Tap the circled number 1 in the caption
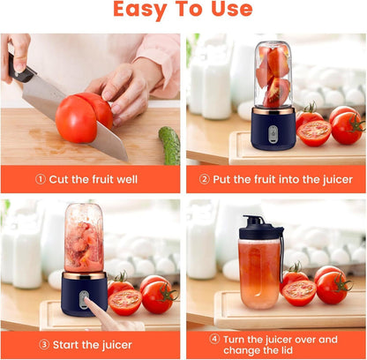[x=41, y=179]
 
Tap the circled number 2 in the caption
[x=205, y=179]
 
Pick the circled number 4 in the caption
[x=214, y=339]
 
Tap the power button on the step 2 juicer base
[x=273, y=133]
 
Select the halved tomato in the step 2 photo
[x=314, y=132]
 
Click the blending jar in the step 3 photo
[x=84, y=240]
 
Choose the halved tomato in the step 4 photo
[x=300, y=292]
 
